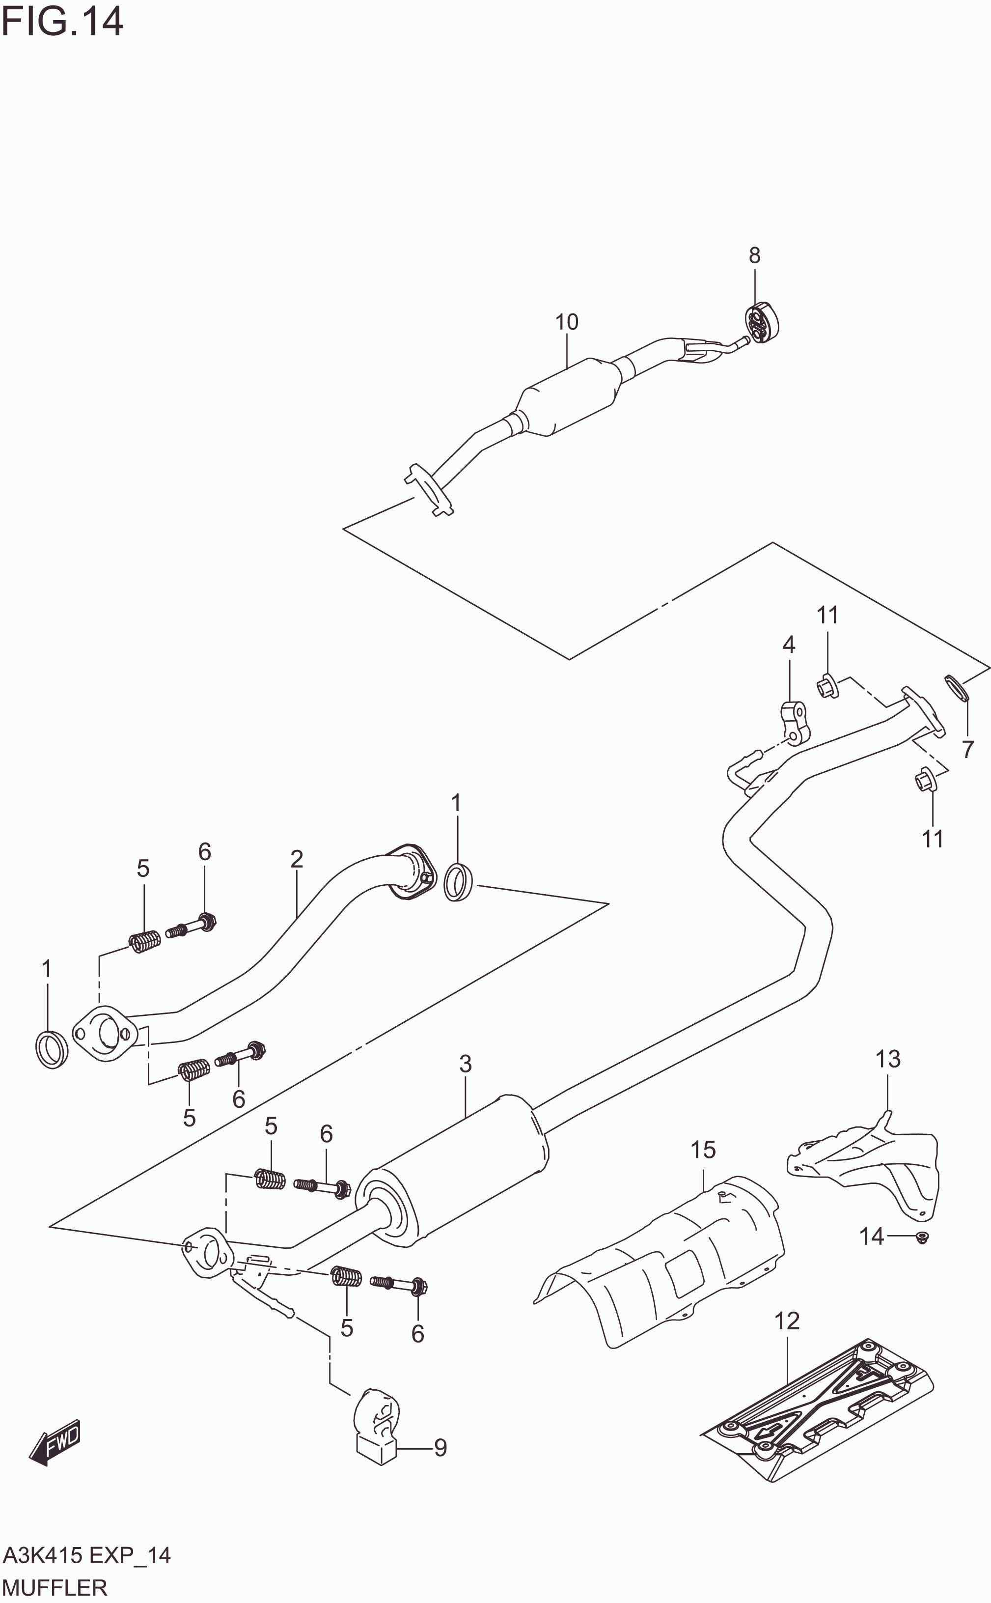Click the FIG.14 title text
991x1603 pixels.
[x=62, y=22]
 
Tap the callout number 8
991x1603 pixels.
[x=754, y=255]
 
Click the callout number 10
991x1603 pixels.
[x=566, y=322]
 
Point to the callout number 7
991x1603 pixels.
[x=968, y=749]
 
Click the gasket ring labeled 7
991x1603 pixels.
[x=957, y=688]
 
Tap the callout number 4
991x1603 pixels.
[x=789, y=645]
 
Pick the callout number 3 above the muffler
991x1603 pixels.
[x=466, y=1064]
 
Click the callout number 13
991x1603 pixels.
[x=888, y=1059]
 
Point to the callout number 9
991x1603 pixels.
[x=440, y=1448]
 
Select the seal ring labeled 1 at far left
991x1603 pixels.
[x=52, y=1049]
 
